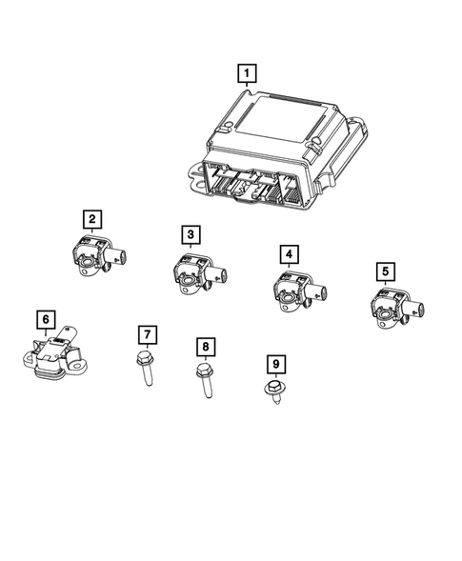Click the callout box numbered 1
point(247,73)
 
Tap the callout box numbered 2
point(91,221)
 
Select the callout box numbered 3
point(191,234)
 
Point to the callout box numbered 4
point(289,254)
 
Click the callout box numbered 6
point(43,319)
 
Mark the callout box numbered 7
point(147,334)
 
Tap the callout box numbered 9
point(274,364)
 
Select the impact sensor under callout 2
point(95,256)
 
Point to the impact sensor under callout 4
point(291,287)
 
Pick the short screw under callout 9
point(274,391)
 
